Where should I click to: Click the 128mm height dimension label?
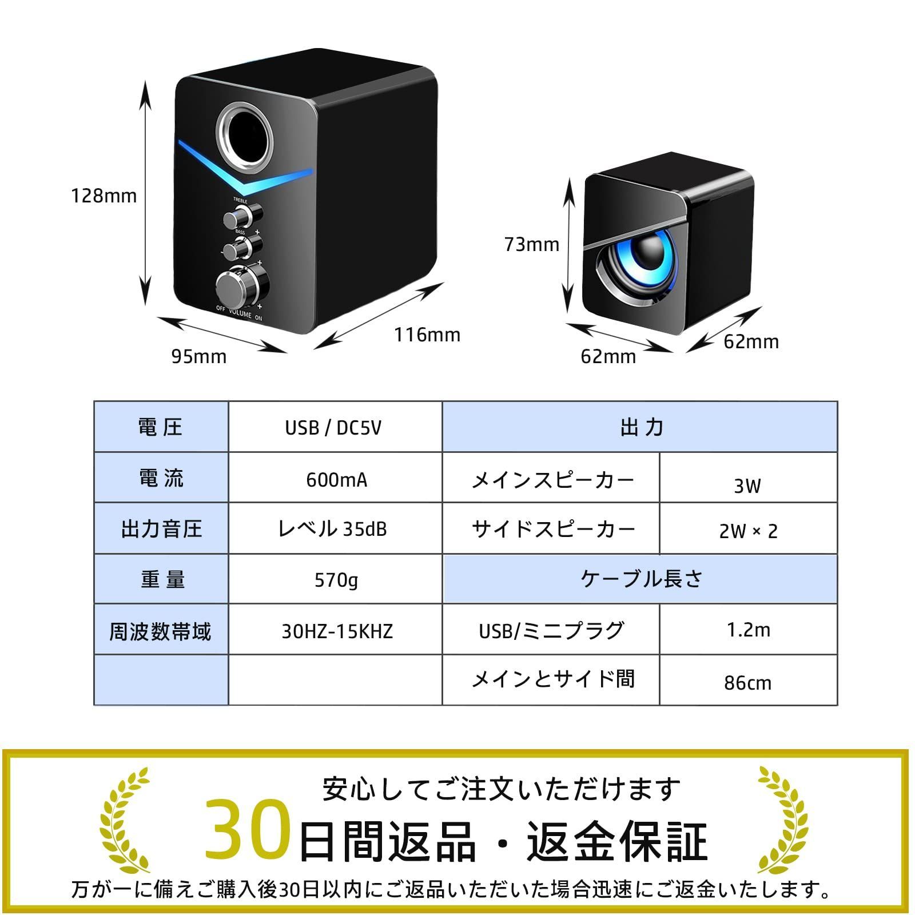104,196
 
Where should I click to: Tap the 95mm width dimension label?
199,356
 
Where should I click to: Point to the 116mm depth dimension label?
427,335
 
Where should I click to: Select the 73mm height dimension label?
532,244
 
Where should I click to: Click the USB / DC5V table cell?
335,427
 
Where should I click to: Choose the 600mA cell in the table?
335,478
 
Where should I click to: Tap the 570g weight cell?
335,579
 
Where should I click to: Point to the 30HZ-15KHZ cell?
335,630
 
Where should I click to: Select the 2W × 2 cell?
748,529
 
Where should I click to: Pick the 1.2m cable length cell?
748,629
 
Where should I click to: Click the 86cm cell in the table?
748,681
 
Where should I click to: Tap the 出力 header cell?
640,427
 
